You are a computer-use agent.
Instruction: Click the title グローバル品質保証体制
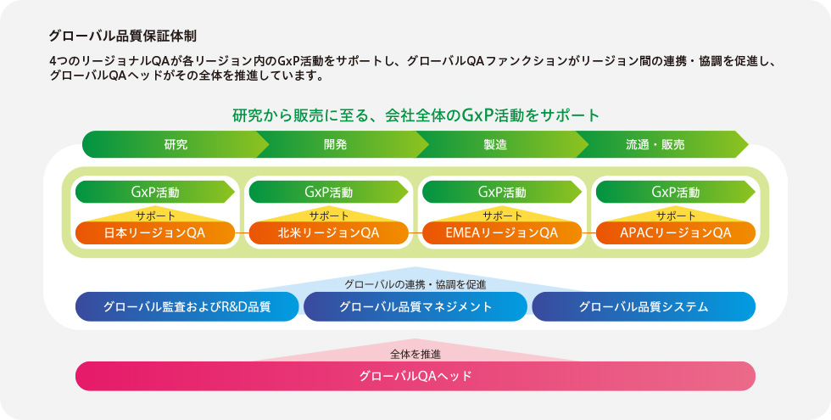click(x=122, y=36)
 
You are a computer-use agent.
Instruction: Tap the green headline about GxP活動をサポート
click(x=415, y=115)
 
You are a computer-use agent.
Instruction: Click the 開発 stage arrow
click(x=336, y=144)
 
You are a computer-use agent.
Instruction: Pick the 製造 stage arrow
click(x=496, y=144)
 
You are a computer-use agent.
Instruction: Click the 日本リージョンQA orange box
click(x=154, y=232)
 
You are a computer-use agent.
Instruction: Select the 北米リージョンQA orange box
click(x=329, y=232)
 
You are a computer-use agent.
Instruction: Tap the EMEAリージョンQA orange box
click(x=502, y=232)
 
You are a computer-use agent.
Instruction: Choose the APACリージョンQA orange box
click(x=676, y=232)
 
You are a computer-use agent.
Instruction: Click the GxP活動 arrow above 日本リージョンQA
click(x=154, y=192)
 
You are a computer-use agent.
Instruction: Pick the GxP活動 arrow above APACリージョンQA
click(x=676, y=192)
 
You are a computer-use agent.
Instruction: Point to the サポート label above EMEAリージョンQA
click(x=502, y=216)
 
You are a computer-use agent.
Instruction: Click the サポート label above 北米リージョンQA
click(x=329, y=216)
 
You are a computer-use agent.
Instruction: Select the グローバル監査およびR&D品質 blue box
click(x=187, y=306)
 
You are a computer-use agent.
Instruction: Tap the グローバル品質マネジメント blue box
click(x=415, y=306)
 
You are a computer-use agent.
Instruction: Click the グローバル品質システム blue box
click(x=644, y=306)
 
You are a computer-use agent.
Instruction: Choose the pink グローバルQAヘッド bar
click(x=415, y=377)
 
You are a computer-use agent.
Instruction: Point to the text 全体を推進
click(x=415, y=354)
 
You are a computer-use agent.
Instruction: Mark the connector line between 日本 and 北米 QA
click(x=242, y=232)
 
